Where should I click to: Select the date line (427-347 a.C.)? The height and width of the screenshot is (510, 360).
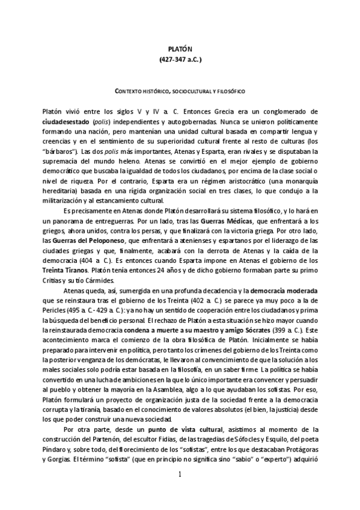(x=180, y=60)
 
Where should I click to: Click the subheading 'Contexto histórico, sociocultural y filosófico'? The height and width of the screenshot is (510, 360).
(x=180, y=91)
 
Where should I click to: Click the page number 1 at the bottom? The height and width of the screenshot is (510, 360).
(x=180, y=475)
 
